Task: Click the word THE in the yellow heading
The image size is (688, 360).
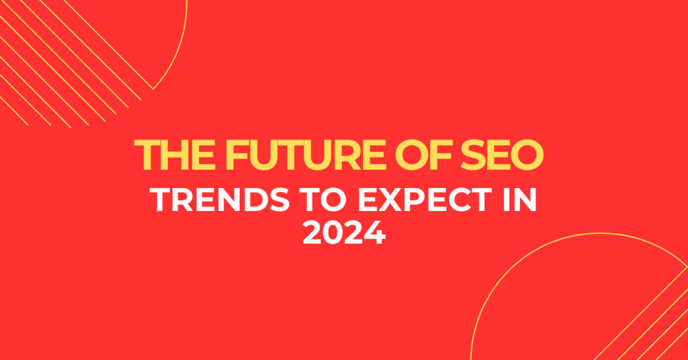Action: click(x=175, y=154)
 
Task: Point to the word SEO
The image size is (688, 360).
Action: click(x=502, y=154)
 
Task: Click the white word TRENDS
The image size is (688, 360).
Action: click(x=220, y=200)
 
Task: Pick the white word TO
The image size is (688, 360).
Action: click(x=324, y=200)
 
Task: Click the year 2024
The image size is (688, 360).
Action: click(x=345, y=233)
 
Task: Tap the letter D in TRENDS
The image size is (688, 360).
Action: click(x=255, y=200)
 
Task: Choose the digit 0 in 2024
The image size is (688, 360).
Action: click(x=335, y=233)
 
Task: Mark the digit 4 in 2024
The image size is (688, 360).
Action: click(x=375, y=233)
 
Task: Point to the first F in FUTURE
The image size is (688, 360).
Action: click(x=237, y=154)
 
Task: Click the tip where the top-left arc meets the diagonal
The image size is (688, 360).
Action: click(x=153, y=89)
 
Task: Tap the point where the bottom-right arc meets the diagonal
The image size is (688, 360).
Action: click(x=687, y=266)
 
